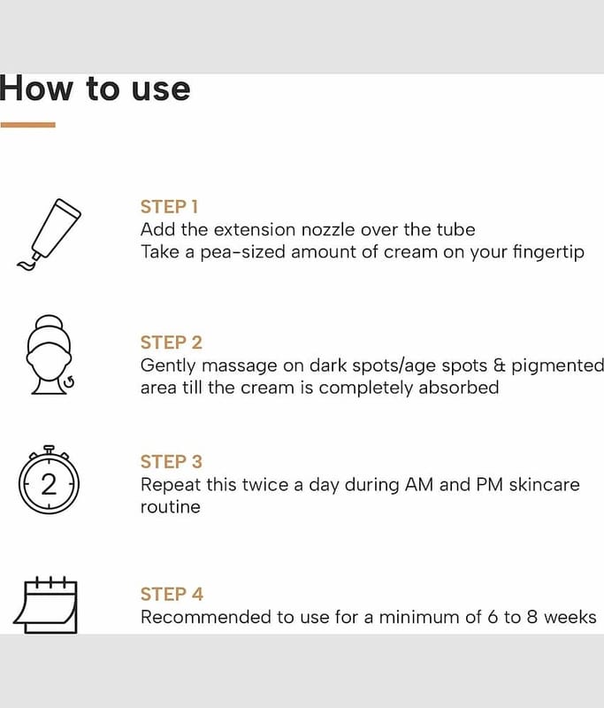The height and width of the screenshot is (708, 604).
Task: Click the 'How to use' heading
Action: [95, 88]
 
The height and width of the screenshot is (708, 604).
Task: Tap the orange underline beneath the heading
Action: [28, 125]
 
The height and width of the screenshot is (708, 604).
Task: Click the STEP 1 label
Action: [169, 207]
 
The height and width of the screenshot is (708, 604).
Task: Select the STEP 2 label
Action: [171, 342]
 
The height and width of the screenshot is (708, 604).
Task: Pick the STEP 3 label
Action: [172, 461]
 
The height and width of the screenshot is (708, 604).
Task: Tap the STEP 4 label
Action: [172, 594]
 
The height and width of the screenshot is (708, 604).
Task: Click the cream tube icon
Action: [49, 235]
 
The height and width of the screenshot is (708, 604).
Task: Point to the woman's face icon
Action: [50, 355]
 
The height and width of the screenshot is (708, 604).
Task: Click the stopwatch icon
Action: [50, 480]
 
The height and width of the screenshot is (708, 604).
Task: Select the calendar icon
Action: [46, 605]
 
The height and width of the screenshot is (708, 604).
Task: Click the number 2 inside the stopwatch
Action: [49, 484]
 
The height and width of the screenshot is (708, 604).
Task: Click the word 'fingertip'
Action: [548, 252]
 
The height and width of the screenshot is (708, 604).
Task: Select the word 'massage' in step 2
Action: [239, 366]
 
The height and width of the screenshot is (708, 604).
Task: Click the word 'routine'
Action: [171, 507]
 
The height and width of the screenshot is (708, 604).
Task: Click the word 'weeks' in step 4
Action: [570, 617]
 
